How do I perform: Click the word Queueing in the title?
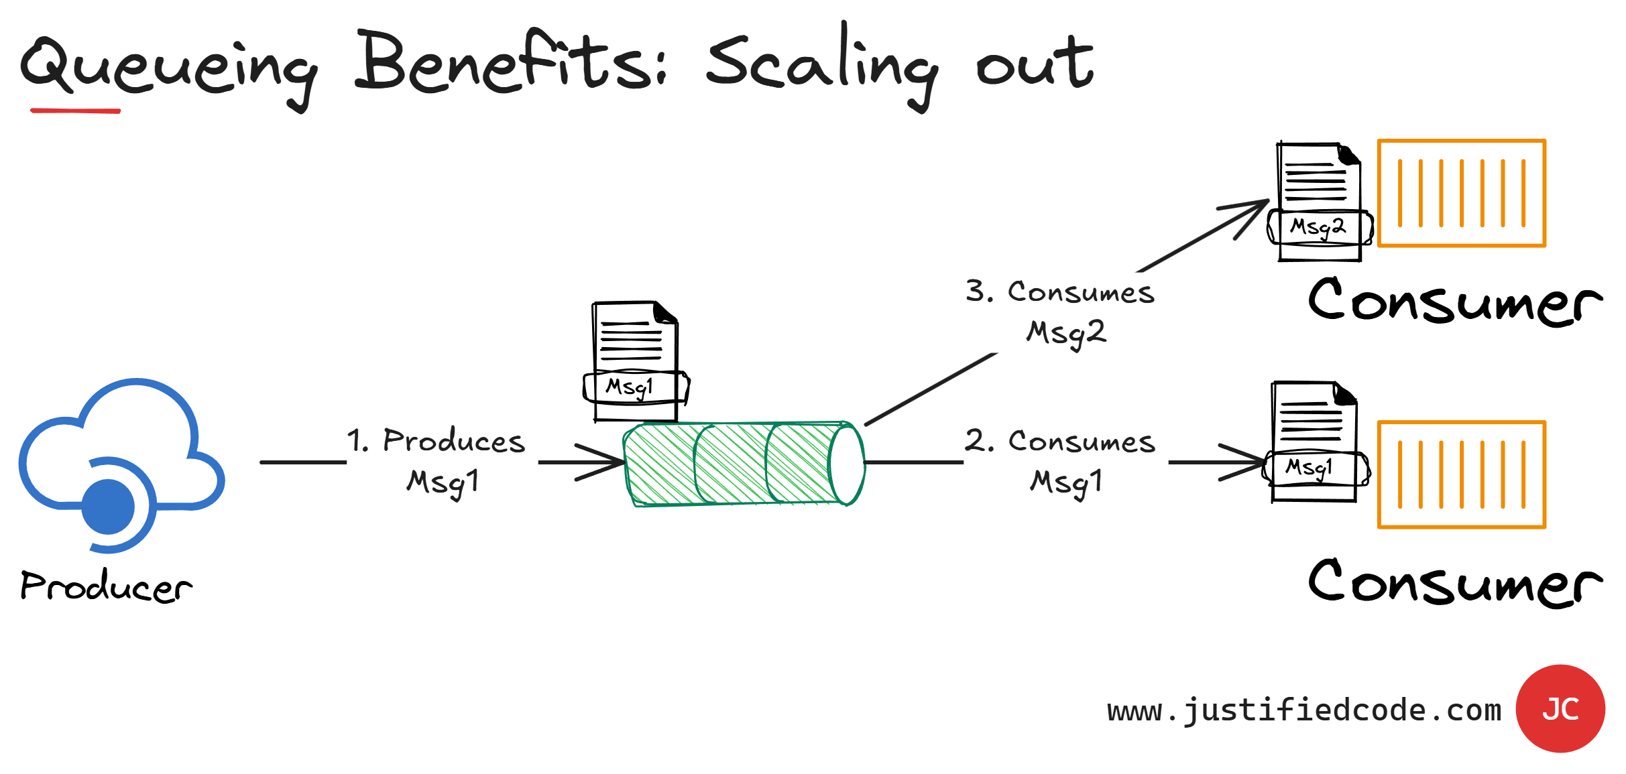click(168, 67)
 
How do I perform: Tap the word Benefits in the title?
click(510, 64)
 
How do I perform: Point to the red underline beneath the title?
click(75, 111)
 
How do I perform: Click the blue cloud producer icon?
click(121, 462)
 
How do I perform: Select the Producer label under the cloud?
click(106, 586)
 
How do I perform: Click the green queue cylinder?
click(731, 464)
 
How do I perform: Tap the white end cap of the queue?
click(848, 464)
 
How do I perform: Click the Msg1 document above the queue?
click(634, 362)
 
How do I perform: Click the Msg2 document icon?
click(1320, 201)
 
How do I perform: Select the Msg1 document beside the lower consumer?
click(1314, 442)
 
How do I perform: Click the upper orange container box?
click(1462, 194)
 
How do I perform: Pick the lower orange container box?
click(1462, 474)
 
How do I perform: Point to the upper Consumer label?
click(1455, 302)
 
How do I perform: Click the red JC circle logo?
click(1560, 708)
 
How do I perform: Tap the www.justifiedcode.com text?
click(1304, 710)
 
